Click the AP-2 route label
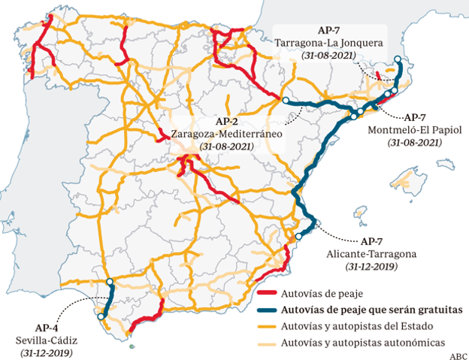pos(227,121)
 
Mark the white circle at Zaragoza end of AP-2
pos(286,100)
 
